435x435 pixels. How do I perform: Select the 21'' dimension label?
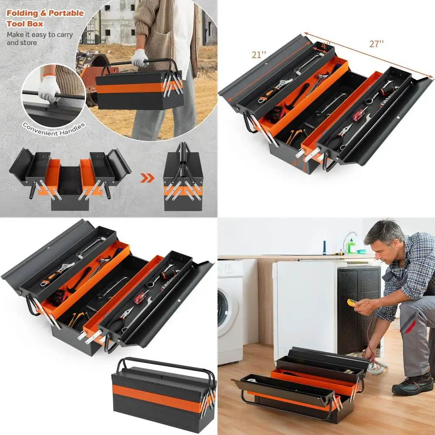258,55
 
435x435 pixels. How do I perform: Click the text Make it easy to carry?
40,35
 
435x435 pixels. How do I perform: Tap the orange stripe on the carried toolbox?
130,87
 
